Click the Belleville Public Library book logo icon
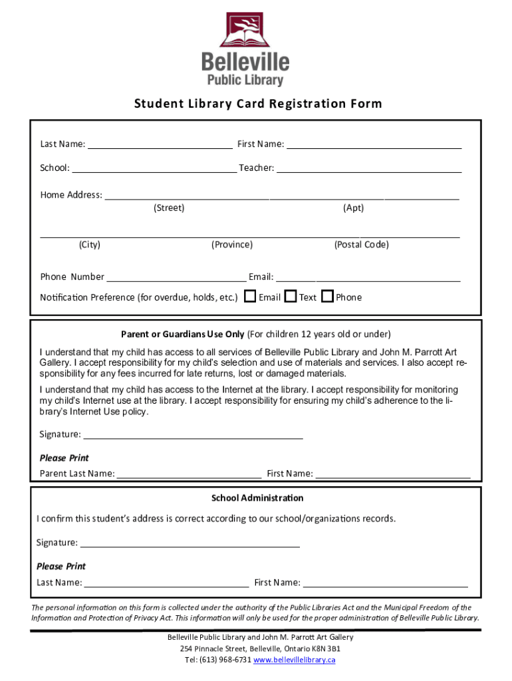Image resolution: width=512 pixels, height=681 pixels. tap(245, 31)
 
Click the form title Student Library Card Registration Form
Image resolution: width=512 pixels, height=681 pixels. tap(258, 104)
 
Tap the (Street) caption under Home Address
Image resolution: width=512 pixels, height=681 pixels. tap(169, 208)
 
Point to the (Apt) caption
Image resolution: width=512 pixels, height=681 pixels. tap(353, 208)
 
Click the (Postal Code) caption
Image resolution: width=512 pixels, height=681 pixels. tap(361, 245)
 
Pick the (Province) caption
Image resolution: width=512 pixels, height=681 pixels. tap(232, 245)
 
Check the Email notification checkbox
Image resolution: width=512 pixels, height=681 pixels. tap(250, 297)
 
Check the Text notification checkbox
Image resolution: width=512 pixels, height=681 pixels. tap(291, 297)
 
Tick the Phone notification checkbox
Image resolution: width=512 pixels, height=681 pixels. tap(327, 297)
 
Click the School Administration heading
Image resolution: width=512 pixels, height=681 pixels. tap(257, 498)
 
